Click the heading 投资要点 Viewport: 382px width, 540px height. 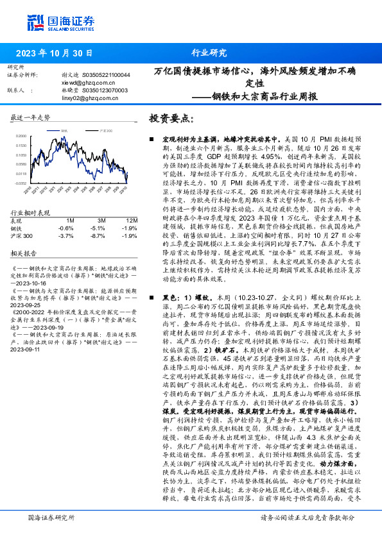point(171,119)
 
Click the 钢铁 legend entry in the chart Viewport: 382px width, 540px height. point(64,130)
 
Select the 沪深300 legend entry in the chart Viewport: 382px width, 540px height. point(87,130)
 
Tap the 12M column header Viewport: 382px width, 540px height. point(130,220)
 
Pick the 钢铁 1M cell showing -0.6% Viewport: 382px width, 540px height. point(66,228)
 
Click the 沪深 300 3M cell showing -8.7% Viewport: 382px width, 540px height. point(98,235)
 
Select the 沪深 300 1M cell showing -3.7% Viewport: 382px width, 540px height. point(66,235)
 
